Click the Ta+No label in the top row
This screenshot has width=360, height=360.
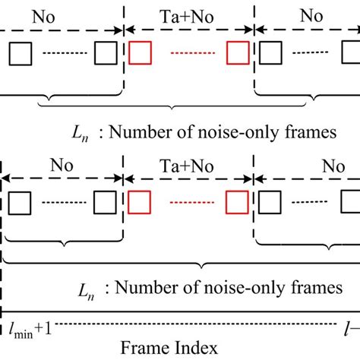coord(188,14)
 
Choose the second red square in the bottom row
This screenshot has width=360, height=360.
coord(238,202)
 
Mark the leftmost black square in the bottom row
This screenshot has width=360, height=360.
coord(21,202)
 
